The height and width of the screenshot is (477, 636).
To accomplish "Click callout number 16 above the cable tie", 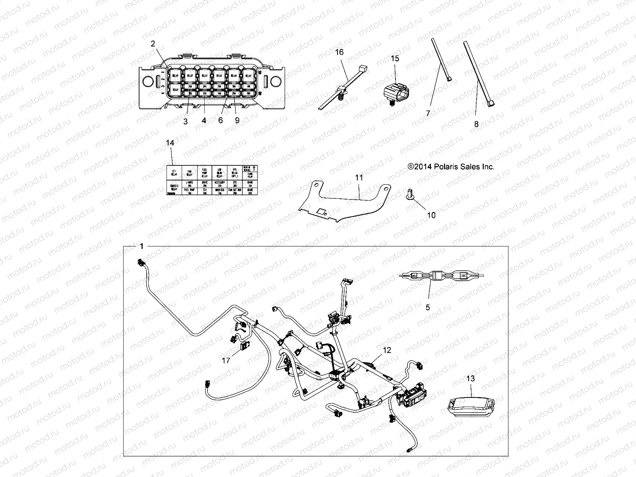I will (339, 52).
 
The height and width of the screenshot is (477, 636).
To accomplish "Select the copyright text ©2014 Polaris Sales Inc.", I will (451, 167).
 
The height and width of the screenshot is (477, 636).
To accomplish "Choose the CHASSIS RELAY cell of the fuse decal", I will (174, 187).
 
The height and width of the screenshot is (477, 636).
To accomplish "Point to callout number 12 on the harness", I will (387, 350).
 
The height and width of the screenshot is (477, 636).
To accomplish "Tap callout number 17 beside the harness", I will (225, 361).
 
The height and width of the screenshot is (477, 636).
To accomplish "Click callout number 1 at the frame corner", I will (141, 246).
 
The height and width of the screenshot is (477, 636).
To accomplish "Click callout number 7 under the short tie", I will (428, 113).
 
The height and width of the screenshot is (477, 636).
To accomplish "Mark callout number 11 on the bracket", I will (359, 178).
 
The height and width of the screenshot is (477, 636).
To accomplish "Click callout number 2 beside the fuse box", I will (153, 44).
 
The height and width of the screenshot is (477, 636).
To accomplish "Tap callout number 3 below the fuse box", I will (185, 122).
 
